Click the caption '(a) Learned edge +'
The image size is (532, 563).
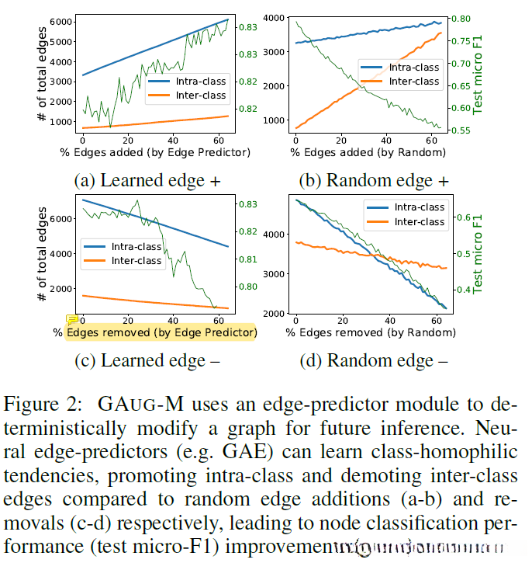[x=147, y=180]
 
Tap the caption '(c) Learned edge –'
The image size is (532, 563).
[x=147, y=360]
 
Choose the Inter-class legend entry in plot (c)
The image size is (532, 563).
[x=136, y=261]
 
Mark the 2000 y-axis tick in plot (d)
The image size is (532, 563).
[x=275, y=313]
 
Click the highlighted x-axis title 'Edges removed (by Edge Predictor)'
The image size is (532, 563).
[x=161, y=332]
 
